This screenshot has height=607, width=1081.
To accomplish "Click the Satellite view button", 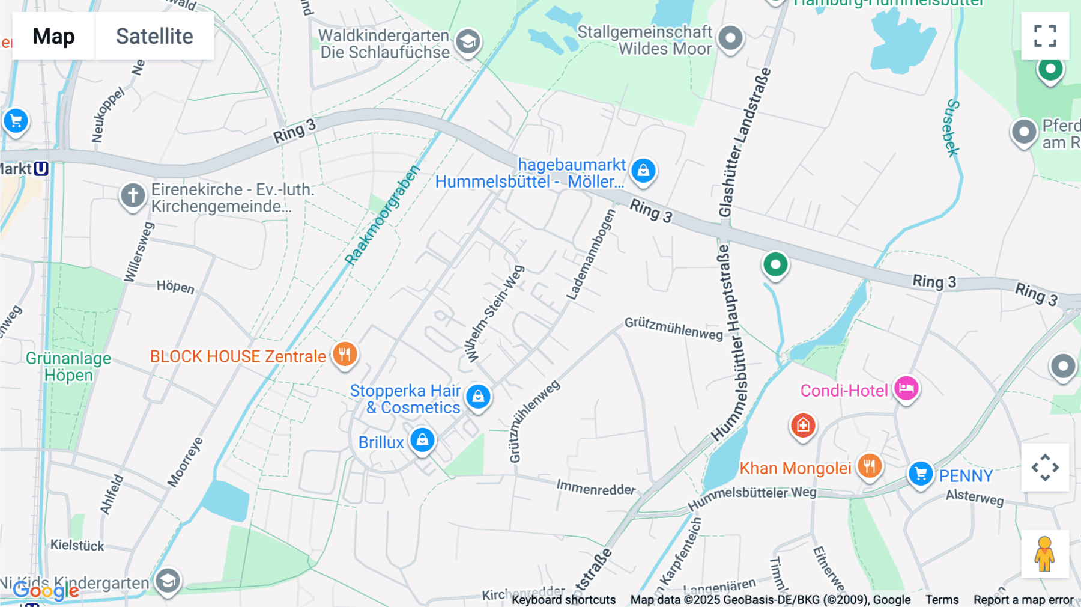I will pyautogui.click(x=154, y=36).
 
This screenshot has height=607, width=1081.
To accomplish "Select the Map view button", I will pyautogui.click(x=53, y=36).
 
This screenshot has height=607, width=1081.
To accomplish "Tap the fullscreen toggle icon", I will pyautogui.click(x=1045, y=36).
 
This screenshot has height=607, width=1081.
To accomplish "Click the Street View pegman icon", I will pyautogui.click(x=1045, y=554).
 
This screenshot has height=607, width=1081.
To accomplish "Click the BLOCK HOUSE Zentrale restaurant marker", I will pyautogui.click(x=345, y=354).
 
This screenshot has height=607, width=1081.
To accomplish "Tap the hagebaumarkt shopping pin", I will pyautogui.click(x=643, y=171).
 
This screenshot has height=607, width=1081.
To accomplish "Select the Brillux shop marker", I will pyautogui.click(x=422, y=440).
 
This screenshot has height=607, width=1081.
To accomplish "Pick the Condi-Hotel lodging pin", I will pyautogui.click(x=906, y=389).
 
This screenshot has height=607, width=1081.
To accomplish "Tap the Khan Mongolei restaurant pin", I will pyautogui.click(x=869, y=466).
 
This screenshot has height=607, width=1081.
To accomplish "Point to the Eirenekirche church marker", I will pyautogui.click(x=133, y=195).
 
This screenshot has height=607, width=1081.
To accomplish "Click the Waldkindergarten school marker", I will pyautogui.click(x=468, y=42).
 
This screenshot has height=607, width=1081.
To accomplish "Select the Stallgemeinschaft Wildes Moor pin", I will pyautogui.click(x=730, y=38).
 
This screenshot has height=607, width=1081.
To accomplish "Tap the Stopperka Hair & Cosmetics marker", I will pyautogui.click(x=478, y=397).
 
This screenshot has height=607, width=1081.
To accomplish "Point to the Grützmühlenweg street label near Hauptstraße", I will pyautogui.click(x=673, y=328).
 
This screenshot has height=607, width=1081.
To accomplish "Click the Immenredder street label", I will pyautogui.click(x=595, y=487).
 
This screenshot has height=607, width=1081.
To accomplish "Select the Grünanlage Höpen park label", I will pyautogui.click(x=68, y=367).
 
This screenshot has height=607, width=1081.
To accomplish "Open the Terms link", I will pyautogui.click(x=942, y=600).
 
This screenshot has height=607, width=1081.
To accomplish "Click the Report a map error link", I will pyautogui.click(x=1023, y=600).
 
